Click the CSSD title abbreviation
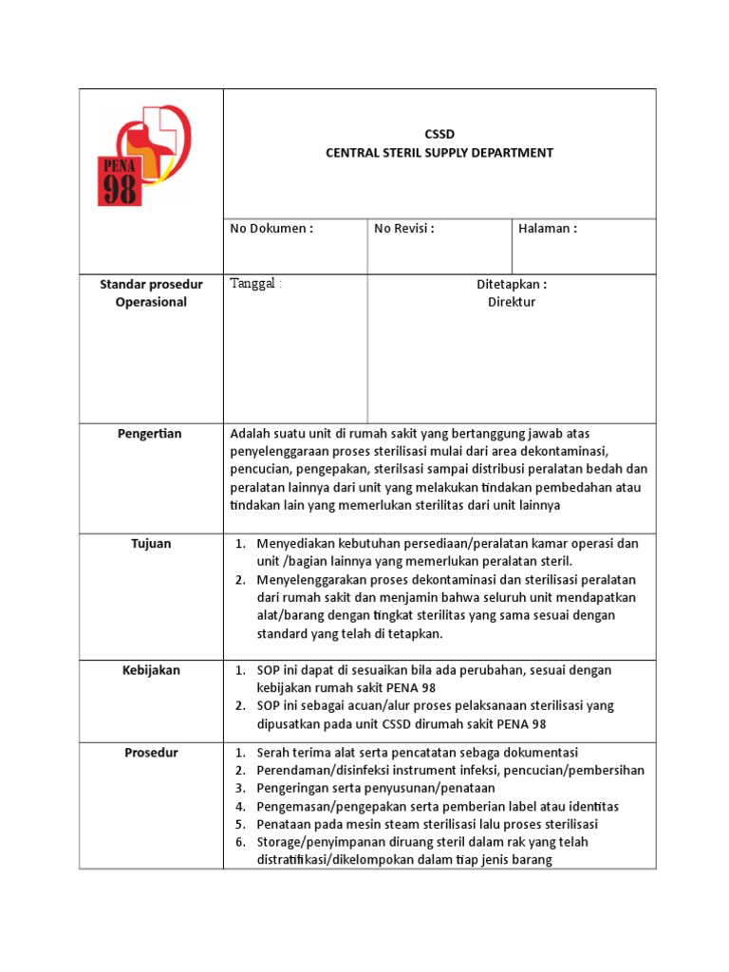[439, 135]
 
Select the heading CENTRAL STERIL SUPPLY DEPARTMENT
[439, 152]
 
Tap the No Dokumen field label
[271, 229]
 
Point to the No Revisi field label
[404, 229]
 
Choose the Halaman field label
[548, 229]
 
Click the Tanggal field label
[256, 284]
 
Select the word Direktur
[512, 302]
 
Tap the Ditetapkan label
[512, 284]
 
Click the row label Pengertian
[150, 434]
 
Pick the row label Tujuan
[150, 544]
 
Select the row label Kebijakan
[150, 670]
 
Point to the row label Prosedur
[150, 753]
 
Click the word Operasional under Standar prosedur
[151, 302]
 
